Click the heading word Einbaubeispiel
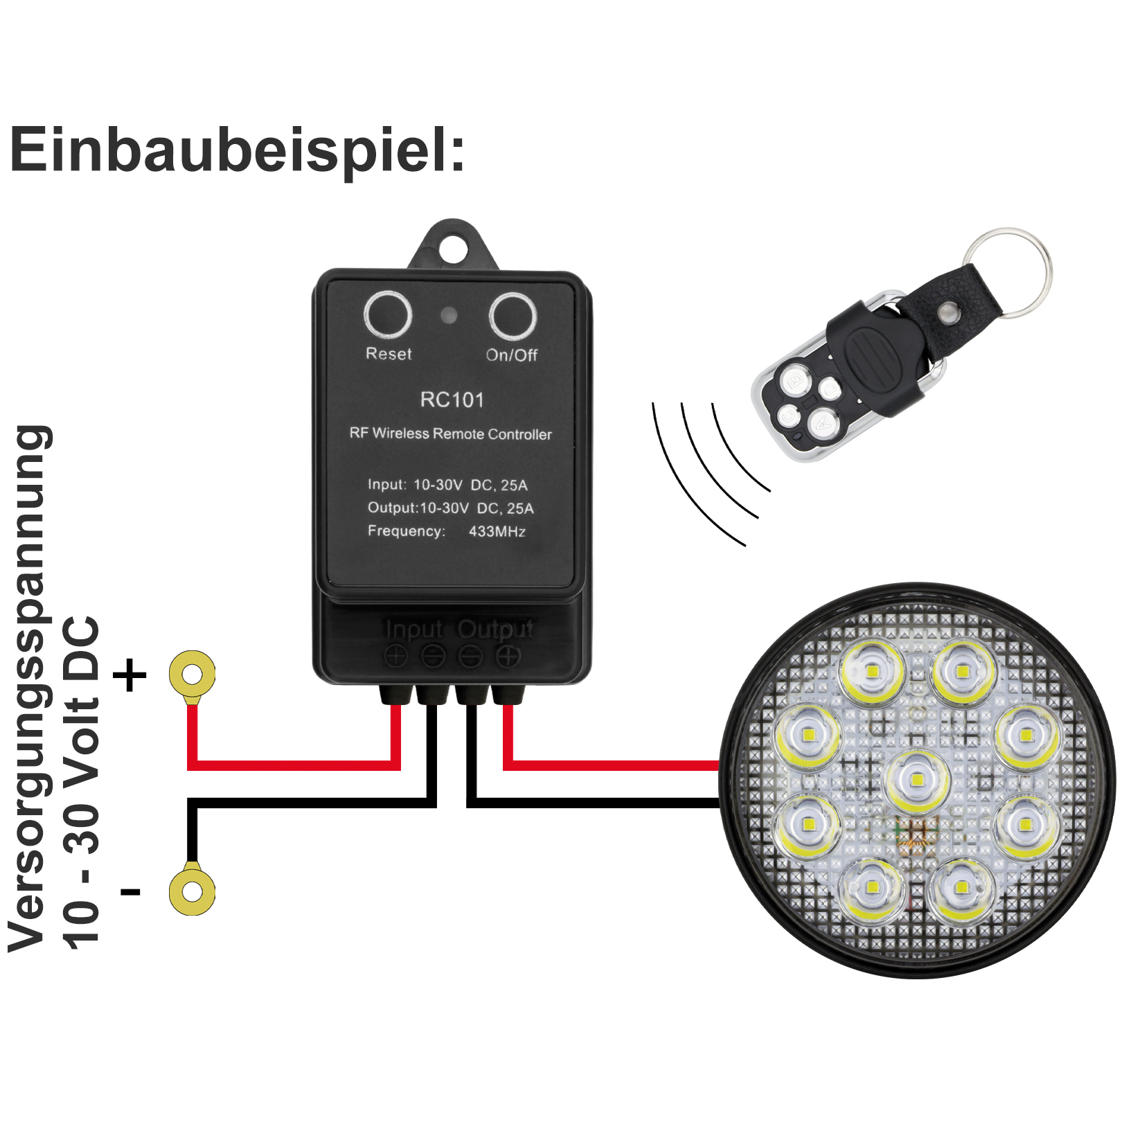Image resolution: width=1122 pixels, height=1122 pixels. click(x=235, y=150)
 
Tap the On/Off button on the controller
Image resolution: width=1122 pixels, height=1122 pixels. click(x=512, y=316)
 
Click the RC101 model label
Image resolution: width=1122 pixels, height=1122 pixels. click(x=452, y=400)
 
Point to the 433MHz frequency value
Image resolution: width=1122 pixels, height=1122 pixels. click(x=497, y=531)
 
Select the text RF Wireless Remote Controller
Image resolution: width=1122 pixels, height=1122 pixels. click(x=450, y=434)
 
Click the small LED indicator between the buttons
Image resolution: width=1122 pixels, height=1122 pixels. click(x=449, y=316)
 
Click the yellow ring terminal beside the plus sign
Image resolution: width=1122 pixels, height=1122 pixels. click(x=192, y=673)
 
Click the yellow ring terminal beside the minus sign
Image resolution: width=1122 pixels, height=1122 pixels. click(x=192, y=891)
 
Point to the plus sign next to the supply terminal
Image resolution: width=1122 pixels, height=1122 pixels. click(x=130, y=675)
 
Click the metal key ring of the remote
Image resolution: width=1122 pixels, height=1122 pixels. click(x=1011, y=270)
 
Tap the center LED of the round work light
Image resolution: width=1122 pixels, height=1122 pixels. click(x=917, y=781)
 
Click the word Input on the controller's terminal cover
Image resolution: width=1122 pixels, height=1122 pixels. click(x=413, y=629)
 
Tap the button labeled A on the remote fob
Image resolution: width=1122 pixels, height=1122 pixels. click(x=822, y=421)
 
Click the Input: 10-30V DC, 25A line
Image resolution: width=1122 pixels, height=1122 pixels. click(x=447, y=485)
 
